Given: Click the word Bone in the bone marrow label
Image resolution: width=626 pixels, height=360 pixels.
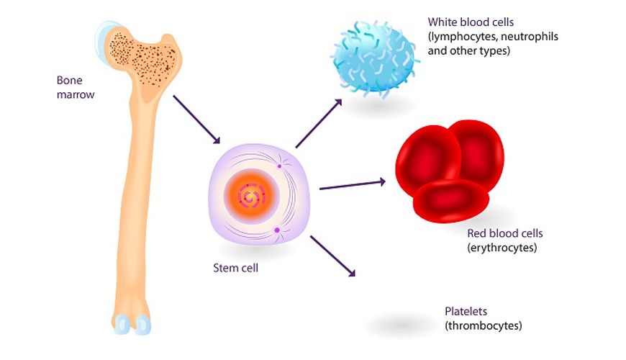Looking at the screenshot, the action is [70, 81].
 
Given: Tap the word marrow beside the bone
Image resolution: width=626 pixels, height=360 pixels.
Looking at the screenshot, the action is [76, 95].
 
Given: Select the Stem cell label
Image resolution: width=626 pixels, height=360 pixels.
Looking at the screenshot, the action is [235, 268].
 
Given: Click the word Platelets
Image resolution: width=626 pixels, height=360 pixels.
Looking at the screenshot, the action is [466, 311].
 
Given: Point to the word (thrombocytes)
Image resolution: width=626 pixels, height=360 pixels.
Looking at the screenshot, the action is [484, 325].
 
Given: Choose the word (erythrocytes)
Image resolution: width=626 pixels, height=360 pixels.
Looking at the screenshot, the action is [502, 248].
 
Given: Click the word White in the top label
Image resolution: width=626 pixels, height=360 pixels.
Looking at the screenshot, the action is [443, 22].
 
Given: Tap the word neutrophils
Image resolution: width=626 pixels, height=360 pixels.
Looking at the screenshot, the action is [530, 37].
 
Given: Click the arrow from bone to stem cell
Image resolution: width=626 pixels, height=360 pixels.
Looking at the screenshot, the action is [196, 120].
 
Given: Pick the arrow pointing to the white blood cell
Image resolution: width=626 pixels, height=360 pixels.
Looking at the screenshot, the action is [319, 123].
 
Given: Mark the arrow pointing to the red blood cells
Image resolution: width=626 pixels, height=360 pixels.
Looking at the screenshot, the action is [353, 185].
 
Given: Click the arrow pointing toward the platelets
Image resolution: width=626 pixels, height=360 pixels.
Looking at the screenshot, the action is [332, 256].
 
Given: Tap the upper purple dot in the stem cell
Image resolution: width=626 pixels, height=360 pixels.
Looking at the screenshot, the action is [279, 166].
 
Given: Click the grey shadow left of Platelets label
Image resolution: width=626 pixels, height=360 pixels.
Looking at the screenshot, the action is [402, 325].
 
